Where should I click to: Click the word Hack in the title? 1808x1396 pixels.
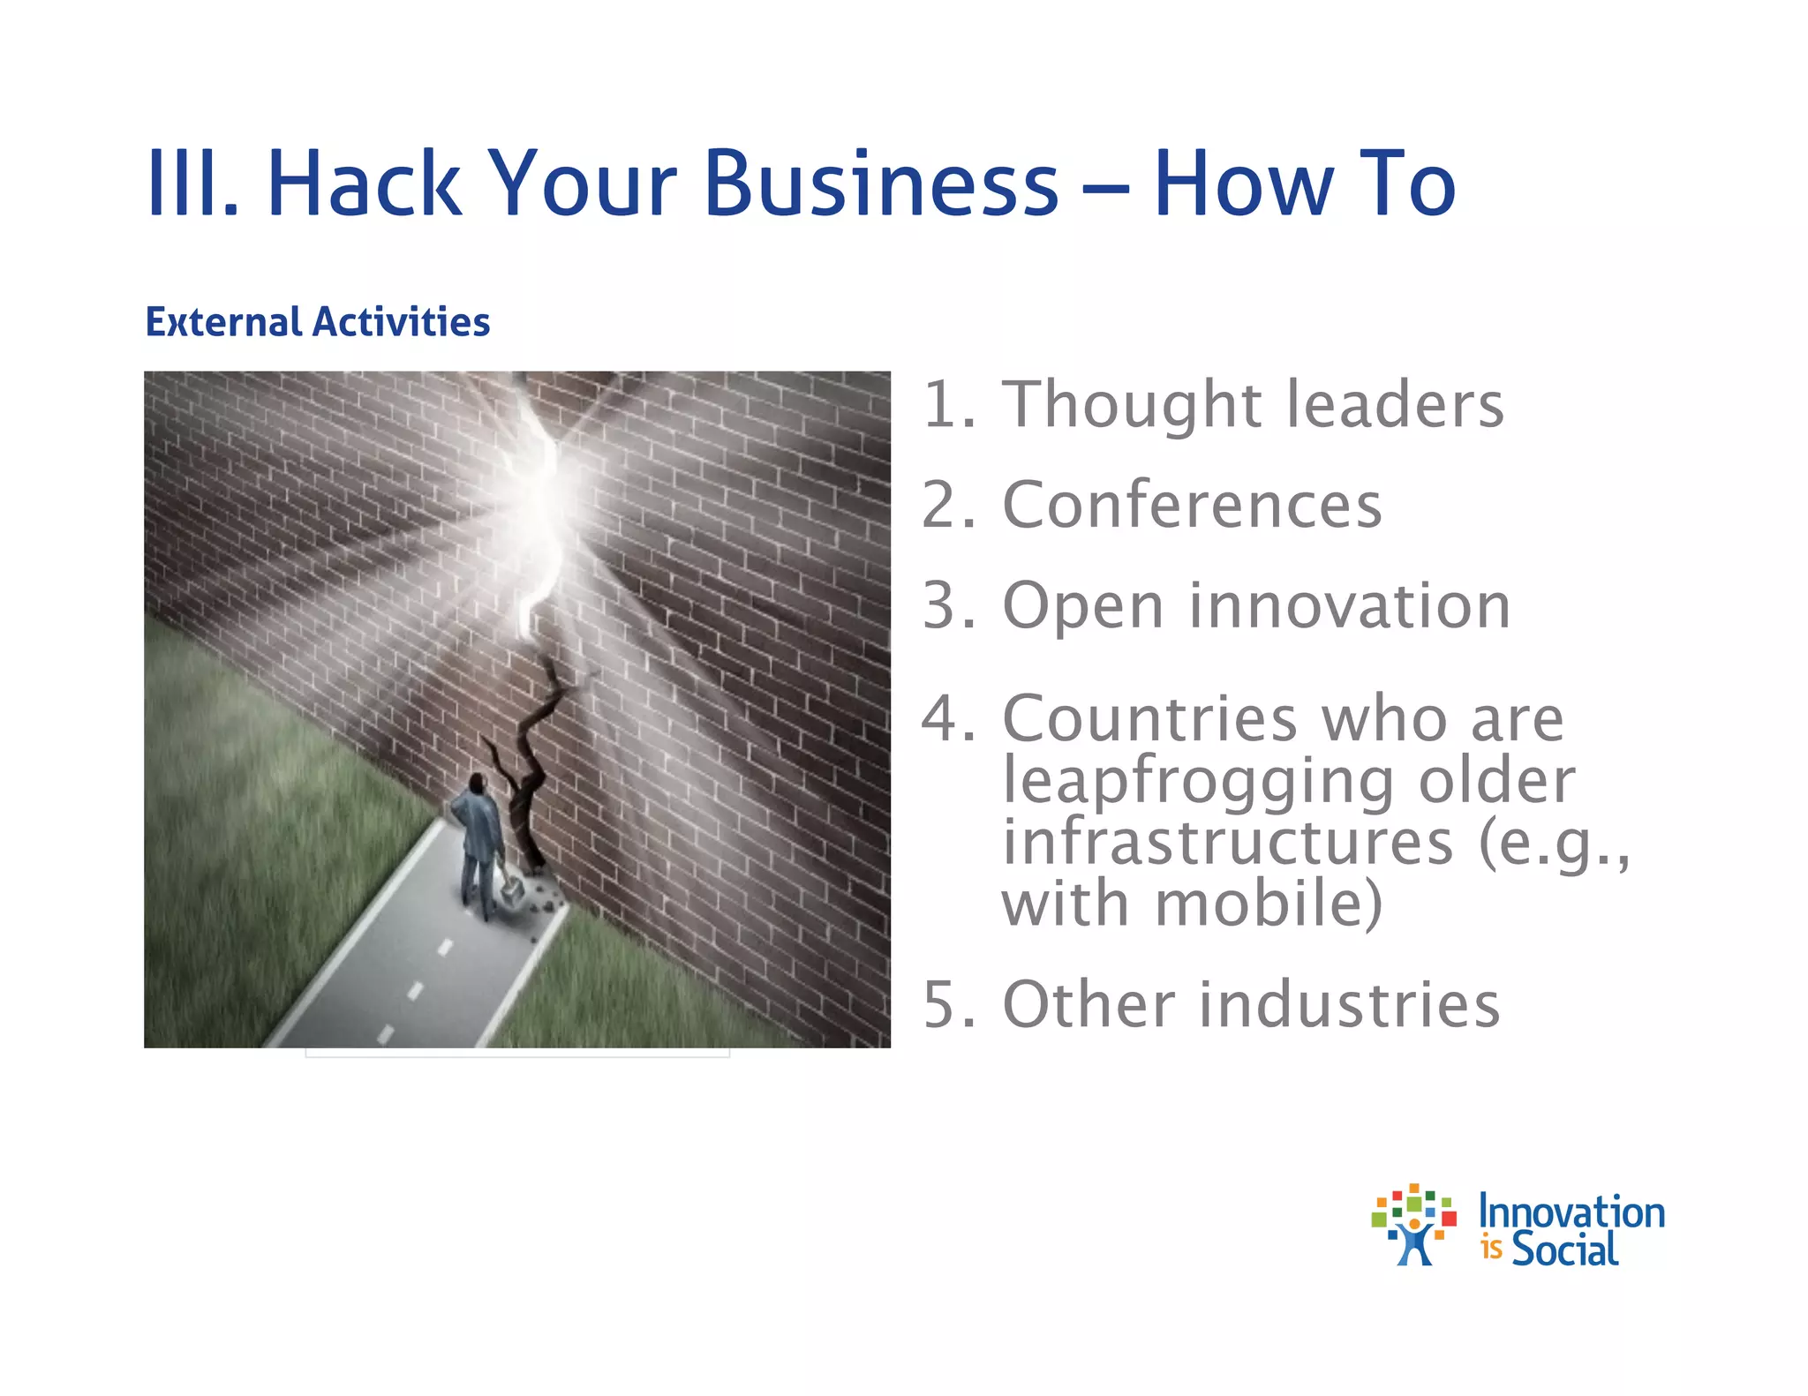[364, 183]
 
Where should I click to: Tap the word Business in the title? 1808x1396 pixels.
[881, 183]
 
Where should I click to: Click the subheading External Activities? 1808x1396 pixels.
[318, 322]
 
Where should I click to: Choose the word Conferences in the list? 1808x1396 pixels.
[1192, 506]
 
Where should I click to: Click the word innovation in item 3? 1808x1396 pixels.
[1350, 606]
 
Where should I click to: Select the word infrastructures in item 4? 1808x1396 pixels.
[1227, 843]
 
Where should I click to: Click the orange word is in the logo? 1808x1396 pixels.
[1492, 1250]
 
